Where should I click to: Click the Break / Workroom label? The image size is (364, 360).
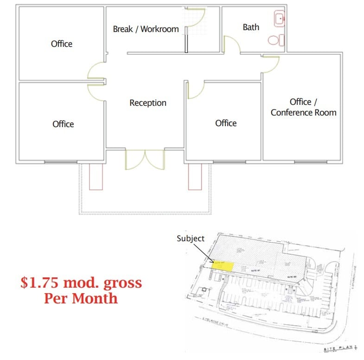click(146, 29)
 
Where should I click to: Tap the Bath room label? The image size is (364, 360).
click(251, 27)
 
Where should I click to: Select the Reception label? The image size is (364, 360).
click(147, 103)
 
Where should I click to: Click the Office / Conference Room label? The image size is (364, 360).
click(303, 107)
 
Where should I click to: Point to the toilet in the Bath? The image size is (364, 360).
click(275, 40)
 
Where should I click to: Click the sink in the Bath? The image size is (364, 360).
click(280, 19)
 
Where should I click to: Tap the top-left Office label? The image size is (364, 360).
click(62, 44)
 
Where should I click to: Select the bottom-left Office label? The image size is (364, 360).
click(63, 124)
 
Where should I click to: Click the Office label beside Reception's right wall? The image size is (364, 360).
click(226, 123)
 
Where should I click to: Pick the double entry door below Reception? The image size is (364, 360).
click(145, 159)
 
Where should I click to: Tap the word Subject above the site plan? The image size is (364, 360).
click(190, 238)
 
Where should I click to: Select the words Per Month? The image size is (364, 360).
click(81, 298)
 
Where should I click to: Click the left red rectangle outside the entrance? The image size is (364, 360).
click(96, 176)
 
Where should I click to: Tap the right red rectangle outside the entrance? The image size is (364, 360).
click(195, 176)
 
